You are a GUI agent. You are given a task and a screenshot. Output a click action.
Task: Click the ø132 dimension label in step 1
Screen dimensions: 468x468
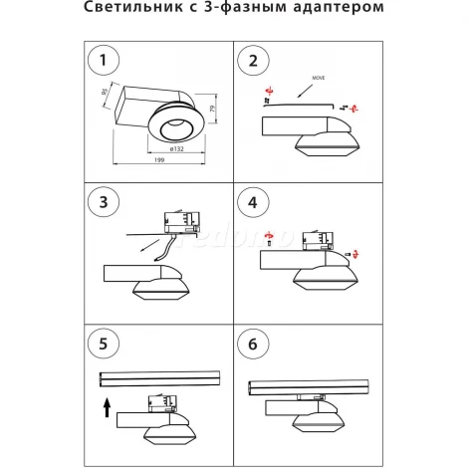click(179, 147)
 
